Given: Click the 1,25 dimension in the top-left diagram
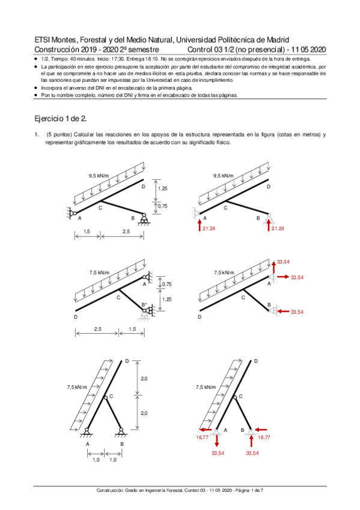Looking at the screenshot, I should [x=162, y=188].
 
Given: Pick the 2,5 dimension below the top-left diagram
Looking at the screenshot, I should [x=124, y=232].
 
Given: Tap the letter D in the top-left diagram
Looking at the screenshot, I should [x=143, y=187].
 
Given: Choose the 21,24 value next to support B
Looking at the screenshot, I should [x=278, y=229].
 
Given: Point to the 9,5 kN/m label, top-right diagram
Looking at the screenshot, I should [x=224, y=176].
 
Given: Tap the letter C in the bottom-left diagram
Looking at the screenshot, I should [x=111, y=396].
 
